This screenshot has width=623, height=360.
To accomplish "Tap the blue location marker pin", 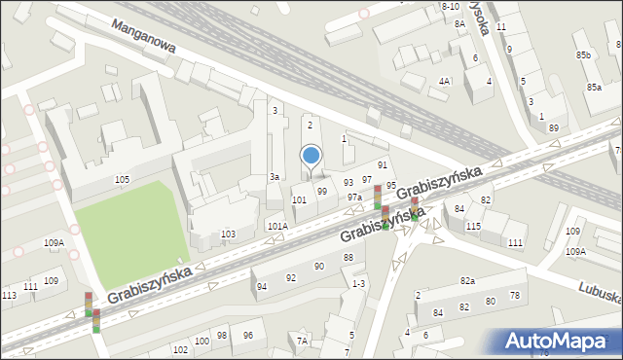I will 311,156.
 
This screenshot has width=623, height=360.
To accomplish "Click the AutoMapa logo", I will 557,341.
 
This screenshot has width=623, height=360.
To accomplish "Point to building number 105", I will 122,180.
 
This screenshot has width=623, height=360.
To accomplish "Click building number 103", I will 228,234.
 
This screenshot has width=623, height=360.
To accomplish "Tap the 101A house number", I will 277,226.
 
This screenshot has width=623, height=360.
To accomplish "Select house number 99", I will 321,191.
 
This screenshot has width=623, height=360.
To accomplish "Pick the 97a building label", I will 355,198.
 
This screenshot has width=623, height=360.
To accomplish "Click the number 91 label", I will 383,166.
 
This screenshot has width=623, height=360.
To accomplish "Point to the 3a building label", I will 275,177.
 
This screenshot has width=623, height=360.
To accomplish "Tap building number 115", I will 473,227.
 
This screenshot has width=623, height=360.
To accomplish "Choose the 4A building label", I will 444,81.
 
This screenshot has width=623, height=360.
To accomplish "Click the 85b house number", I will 583,55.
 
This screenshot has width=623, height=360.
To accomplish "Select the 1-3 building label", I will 358,283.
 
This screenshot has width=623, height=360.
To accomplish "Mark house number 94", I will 261,286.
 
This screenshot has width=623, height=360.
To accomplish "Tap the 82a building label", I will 467,281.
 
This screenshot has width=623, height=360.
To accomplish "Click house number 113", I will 9,295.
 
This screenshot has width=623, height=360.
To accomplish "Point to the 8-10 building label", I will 450,6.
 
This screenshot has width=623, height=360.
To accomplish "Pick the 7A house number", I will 302,341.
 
